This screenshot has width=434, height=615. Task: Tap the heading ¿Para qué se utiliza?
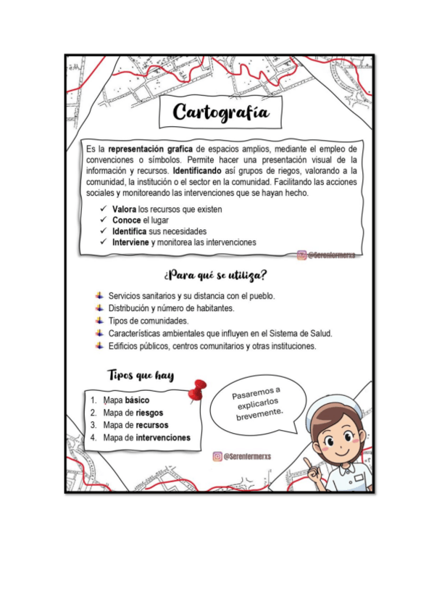pos(215,276)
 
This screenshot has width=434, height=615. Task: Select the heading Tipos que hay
pos(141,375)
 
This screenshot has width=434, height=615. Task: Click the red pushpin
pos(196,390)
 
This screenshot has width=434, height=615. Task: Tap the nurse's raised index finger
pos(307,462)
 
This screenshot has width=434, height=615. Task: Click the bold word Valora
pos(124,210)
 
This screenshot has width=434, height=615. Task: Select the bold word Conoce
pos(126,220)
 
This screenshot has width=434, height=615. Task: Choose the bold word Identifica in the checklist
pos(130,231)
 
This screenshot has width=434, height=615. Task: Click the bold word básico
pos(138,400)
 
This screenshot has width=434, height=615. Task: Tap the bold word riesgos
pos(149,413)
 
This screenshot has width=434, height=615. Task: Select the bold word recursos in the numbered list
pos(152,425)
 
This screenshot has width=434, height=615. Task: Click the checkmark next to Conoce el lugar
pos(104,220)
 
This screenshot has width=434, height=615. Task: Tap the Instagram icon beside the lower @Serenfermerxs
pos(217,456)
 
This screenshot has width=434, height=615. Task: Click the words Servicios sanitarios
pos(141,296)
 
